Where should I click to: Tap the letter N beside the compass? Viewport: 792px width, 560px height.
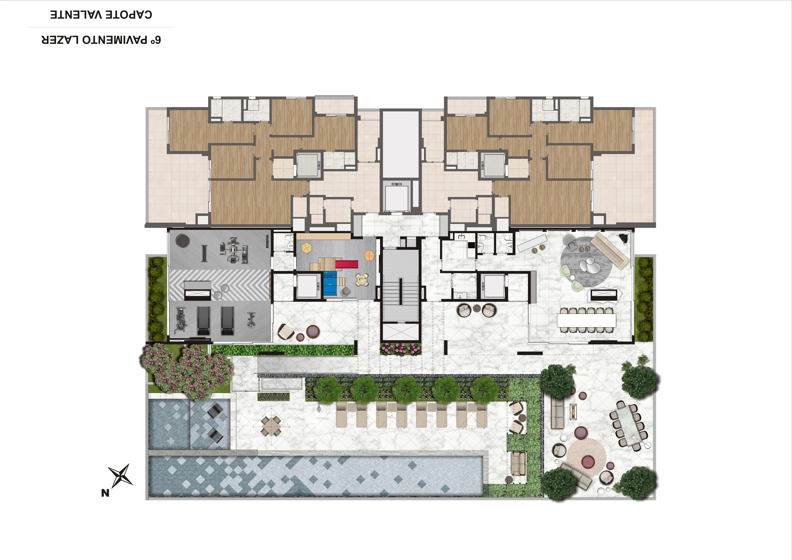(x=105, y=493)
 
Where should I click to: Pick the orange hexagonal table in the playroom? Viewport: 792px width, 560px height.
(x=369, y=256)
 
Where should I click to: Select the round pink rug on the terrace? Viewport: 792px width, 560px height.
(x=586, y=458)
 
